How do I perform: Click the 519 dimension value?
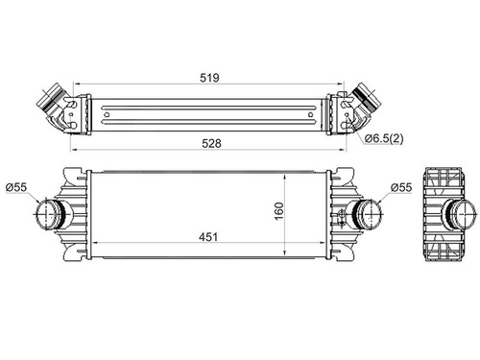(x=209, y=78)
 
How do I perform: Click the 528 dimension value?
(x=211, y=143)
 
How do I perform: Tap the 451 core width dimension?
(x=208, y=237)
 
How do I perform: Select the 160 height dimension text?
(x=279, y=211)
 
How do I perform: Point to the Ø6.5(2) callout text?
(x=384, y=138)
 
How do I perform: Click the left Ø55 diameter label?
(x=16, y=187)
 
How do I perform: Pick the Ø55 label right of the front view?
(x=401, y=187)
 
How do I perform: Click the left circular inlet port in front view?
(x=47, y=214)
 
